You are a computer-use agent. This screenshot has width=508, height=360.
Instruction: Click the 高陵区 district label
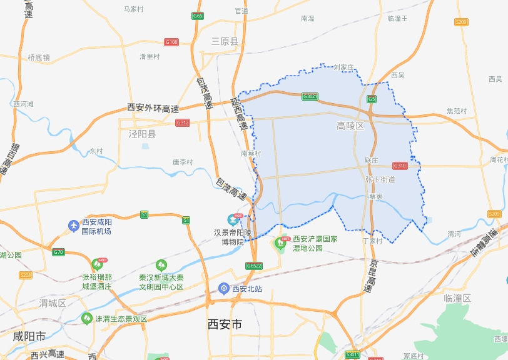[350, 126]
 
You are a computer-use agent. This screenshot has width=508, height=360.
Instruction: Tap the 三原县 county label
[225, 41]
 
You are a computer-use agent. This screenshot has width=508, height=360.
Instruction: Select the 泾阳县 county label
[142, 134]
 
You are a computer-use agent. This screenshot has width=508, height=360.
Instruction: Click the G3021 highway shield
[310, 96]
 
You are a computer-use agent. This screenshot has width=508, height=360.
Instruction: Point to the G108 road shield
[171, 42]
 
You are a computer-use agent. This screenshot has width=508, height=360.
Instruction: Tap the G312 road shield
[183, 122]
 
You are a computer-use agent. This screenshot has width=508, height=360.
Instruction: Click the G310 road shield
[400, 166]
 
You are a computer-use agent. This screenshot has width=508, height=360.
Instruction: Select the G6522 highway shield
[254, 266]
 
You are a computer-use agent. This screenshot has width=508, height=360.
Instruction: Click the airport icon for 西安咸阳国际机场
[74, 225]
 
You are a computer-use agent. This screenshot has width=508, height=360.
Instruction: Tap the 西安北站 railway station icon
[223, 288]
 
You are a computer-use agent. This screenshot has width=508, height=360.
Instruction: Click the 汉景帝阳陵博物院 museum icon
[233, 219]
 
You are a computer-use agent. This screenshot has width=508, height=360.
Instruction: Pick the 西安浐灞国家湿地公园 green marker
[280, 242]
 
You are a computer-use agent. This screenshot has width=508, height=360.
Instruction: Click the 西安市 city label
[225, 324]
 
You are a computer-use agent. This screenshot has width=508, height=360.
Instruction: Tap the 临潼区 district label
[457, 298]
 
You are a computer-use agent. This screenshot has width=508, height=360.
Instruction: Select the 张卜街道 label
[380, 179]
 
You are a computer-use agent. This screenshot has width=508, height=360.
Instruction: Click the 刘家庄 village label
[344, 67]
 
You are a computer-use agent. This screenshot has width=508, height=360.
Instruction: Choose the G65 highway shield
[198, 16]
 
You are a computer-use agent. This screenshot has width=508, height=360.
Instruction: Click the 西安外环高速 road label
[153, 109]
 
